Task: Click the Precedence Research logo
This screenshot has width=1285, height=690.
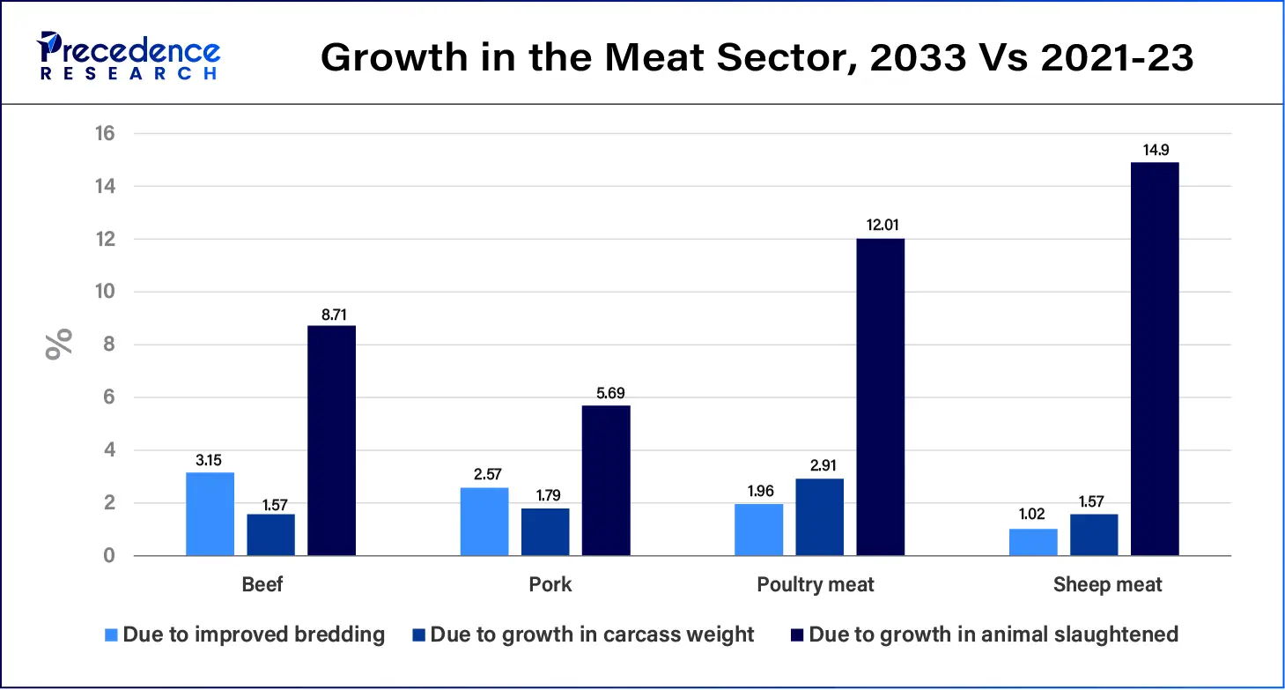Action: click(x=129, y=56)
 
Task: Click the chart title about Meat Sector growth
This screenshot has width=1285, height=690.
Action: click(x=757, y=57)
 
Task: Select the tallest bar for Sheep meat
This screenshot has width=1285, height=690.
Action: click(x=1155, y=359)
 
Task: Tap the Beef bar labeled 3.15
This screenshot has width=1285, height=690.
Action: click(x=210, y=514)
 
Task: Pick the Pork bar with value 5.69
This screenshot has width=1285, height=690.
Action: click(x=606, y=480)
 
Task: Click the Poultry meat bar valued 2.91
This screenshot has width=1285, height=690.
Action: click(x=819, y=517)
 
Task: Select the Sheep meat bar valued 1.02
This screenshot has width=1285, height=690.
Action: click(x=1033, y=542)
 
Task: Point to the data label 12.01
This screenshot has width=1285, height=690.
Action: click(x=880, y=226)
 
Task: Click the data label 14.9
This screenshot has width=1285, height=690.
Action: click(x=1155, y=149)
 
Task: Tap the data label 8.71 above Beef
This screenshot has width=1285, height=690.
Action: click(x=331, y=313)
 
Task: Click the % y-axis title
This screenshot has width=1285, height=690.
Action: click(x=59, y=345)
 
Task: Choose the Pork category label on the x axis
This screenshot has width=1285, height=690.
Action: click(x=550, y=584)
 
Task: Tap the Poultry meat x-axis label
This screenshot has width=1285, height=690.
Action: click(x=816, y=584)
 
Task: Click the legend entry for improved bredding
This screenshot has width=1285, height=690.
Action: click(x=245, y=634)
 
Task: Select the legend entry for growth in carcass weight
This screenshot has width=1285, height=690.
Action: click(x=582, y=634)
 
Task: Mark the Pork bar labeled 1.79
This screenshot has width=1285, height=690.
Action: click(x=545, y=531)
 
